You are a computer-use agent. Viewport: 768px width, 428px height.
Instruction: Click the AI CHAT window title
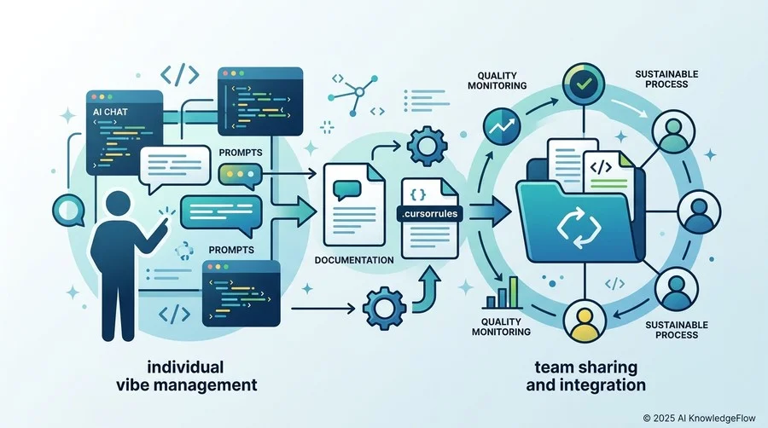tap(110, 112)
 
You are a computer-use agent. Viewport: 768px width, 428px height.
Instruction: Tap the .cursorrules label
tap(429, 214)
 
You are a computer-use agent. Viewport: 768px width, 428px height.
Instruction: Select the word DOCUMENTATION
tap(354, 260)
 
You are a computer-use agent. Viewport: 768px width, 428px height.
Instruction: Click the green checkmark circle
tap(584, 84)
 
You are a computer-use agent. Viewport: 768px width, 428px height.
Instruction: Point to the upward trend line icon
tap(502, 126)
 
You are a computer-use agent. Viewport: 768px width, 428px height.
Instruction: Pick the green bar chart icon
tap(502, 292)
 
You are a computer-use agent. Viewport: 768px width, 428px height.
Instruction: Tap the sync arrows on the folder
tap(579, 228)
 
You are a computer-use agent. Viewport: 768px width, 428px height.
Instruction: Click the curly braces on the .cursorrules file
tap(417, 194)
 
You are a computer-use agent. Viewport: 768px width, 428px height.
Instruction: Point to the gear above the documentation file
tap(428, 146)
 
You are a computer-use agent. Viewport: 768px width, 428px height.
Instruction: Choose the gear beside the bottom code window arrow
tap(384, 308)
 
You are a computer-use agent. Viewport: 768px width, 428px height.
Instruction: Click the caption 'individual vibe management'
tap(187, 376)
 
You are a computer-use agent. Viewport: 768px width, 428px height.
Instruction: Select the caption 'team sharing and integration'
tap(585, 376)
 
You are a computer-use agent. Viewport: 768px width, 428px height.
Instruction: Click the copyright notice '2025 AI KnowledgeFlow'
tap(699, 418)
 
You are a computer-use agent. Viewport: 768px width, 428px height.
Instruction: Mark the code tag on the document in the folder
tap(601, 167)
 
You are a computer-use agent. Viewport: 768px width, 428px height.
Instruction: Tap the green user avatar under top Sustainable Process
tap(673, 132)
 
